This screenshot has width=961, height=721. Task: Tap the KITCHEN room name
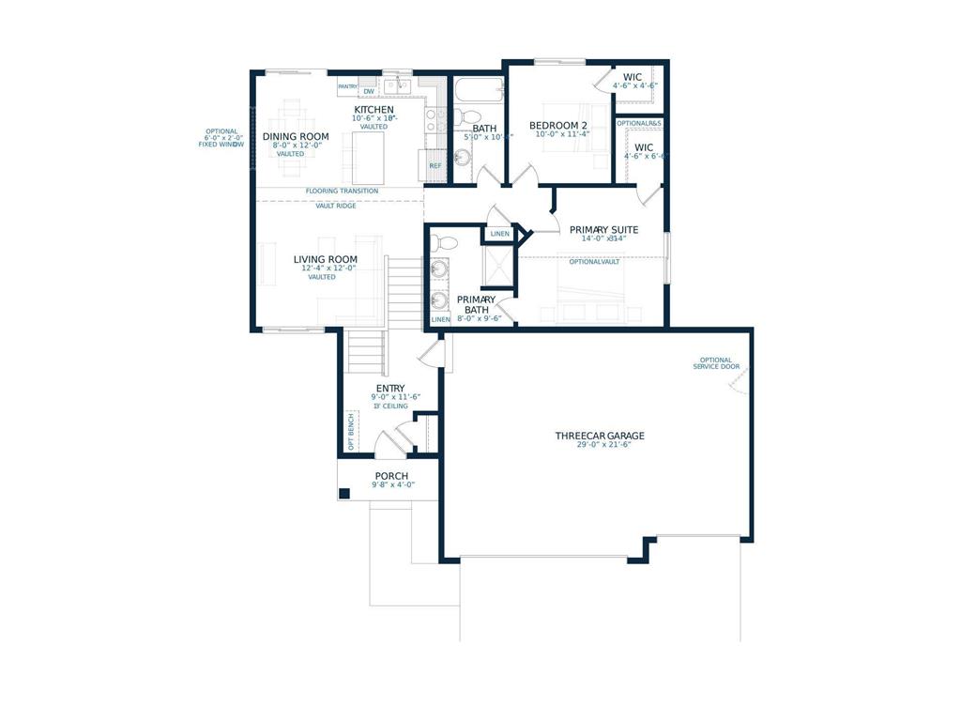click(374, 110)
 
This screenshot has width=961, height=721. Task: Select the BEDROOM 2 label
click(558, 126)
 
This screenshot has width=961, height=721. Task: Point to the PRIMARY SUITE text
click(603, 229)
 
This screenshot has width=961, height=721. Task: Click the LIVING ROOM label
click(325, 259)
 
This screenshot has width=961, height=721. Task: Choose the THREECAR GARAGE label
click(600, 436)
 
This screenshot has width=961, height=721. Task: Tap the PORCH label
click(391, 476)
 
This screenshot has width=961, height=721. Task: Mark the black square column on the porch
click(344, 493)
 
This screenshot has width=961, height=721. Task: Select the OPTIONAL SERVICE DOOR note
click(716, 362)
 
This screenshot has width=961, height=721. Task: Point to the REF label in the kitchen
click(435, 166)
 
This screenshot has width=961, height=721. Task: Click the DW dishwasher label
click(369, 91)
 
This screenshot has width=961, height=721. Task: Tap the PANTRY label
click(348, 86)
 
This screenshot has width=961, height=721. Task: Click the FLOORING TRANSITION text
click(342, 192)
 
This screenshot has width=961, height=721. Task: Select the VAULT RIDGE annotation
click(335, 206)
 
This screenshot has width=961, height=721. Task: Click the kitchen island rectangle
click(370, 156)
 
